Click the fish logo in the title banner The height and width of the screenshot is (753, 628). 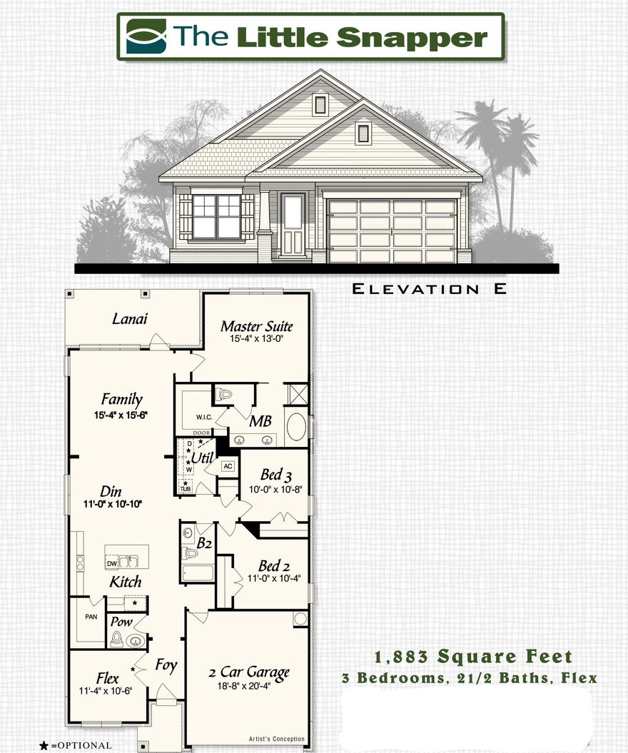pos(146,36)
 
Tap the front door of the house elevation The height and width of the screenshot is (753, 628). pos(293,223)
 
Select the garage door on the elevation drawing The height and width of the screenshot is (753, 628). pos(392,230)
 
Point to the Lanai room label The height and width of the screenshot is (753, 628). pos(130,319)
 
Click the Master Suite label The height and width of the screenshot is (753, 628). pos(256,327)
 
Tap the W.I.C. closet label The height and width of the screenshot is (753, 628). pos(196,416)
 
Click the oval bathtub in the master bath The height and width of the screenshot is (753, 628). pos(295,426)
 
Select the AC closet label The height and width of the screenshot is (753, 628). pos(228,466)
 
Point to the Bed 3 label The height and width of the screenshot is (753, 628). pos(275,475)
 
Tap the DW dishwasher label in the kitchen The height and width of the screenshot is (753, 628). pos(112,563)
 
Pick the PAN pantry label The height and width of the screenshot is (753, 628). pos(91,617)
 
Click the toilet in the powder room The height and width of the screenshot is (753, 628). pos(117,639)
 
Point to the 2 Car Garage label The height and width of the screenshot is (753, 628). pos(248,672)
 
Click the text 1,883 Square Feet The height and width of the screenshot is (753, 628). pos(474,657)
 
